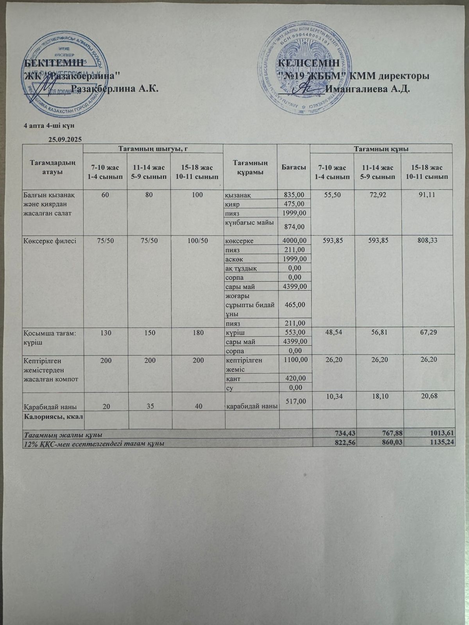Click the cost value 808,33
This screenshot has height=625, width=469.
click(x=426, y=240)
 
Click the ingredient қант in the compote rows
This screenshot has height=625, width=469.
click(x=233, y=379)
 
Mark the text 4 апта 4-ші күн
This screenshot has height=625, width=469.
click(x=49, y=126)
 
